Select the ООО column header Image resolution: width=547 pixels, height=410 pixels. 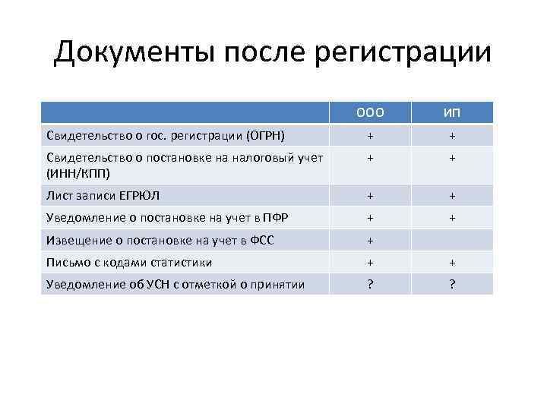coord(369,113)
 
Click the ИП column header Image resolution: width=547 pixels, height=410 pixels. coord(452,113)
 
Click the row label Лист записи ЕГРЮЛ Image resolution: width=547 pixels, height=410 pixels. coord(103,196)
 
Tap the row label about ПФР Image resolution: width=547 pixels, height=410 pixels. coord(168,218)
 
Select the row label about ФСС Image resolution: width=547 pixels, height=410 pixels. coord(160,240)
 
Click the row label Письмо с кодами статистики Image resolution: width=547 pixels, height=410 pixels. coord(129,262)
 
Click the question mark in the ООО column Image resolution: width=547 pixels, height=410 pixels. coord(370,284)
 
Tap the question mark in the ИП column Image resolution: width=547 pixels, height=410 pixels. coord(452,284)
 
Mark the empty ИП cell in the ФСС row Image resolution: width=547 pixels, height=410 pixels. coord(452,240)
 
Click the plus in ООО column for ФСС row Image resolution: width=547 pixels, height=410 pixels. coord(370,240)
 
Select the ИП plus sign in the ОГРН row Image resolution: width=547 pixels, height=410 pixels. coord(452,135)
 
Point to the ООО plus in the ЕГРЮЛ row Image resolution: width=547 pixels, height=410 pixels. coord(370,196)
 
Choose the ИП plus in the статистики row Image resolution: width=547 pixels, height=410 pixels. coord(452,262)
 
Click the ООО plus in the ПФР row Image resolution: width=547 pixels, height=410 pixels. coord(370,218)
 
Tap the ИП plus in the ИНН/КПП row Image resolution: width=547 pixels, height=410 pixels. coord(452,159)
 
